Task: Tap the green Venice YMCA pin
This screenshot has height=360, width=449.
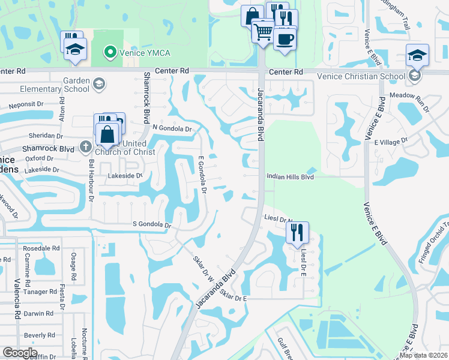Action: [x=110, y=53]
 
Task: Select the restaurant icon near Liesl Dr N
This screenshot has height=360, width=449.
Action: [x=297, y=232]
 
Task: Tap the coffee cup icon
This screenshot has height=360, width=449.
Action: [x=285, y=40]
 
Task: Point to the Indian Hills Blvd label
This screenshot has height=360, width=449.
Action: [x=291, y=177]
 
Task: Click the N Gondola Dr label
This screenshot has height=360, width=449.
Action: [x=172, y=128]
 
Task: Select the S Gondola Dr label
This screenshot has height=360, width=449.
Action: [x=152, y=225]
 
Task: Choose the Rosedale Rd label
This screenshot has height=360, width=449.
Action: [x=41, y=248]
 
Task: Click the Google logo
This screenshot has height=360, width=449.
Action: [x=20, y=353]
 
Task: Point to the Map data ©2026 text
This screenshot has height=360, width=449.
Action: [x=423, y=355]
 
